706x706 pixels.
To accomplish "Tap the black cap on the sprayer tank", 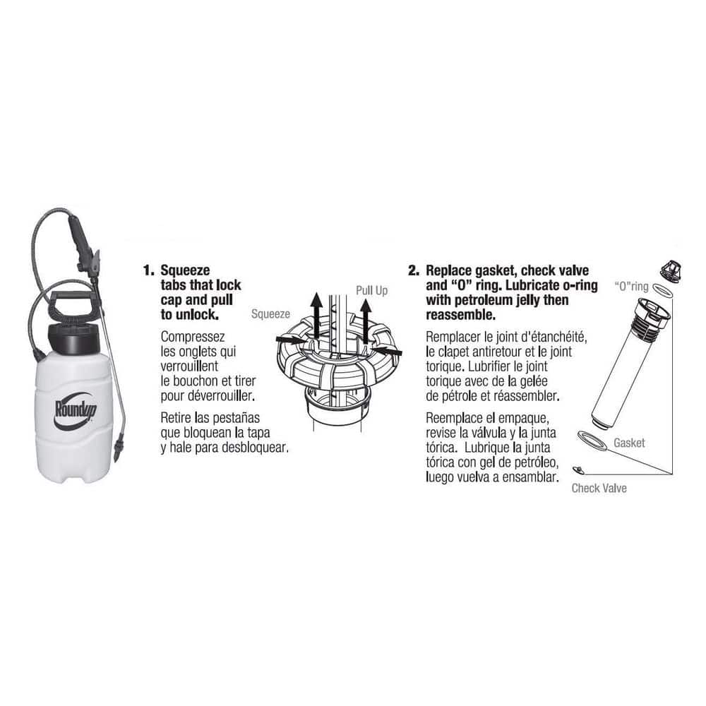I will (75, 337).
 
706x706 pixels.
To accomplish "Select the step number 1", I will (148, 270).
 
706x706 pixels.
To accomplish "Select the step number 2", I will (414, 270).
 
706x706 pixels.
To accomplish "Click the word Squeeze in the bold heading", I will (185, 270).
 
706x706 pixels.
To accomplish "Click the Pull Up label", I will (371, 290).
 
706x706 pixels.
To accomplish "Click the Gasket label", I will (629, 443).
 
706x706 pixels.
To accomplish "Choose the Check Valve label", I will (599, 488).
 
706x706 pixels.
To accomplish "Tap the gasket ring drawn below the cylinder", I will (592, 440).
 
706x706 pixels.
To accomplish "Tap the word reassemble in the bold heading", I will (458, 314).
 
